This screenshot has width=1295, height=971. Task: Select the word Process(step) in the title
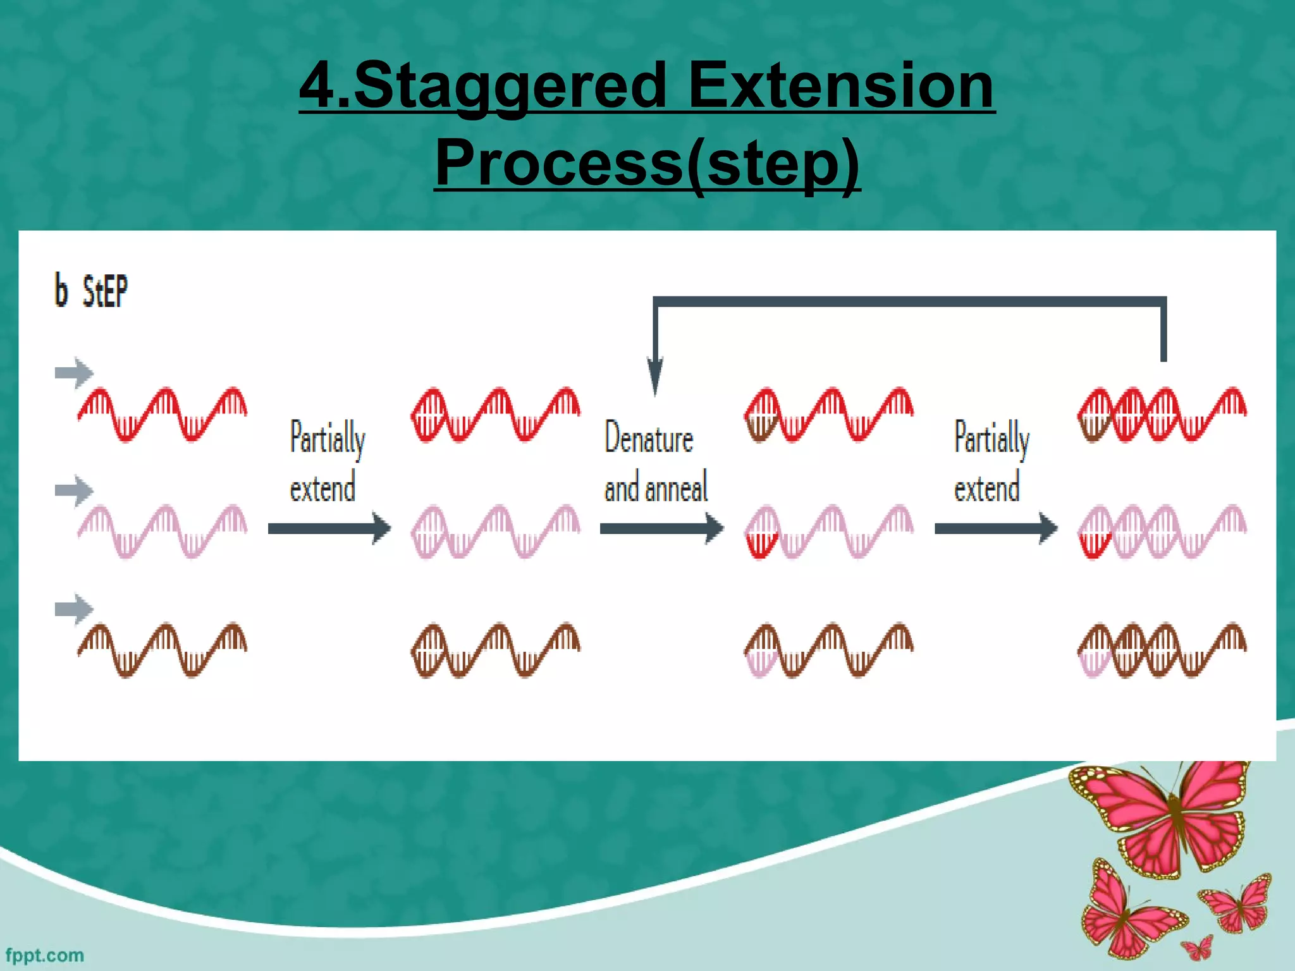647,162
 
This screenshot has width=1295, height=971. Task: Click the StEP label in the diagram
105,291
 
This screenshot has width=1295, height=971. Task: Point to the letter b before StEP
61,290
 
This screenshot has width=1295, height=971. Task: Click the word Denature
649,437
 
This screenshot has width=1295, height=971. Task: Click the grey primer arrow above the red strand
74,373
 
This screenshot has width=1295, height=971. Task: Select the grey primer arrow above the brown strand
74,609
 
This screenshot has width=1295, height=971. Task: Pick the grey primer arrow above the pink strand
74,491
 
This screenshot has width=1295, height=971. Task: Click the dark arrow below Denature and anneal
661,528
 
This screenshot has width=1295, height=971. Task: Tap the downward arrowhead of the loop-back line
655,376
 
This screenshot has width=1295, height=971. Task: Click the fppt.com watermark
44,955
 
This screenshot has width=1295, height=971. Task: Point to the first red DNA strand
162,414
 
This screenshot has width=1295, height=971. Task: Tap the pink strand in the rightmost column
1162,531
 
